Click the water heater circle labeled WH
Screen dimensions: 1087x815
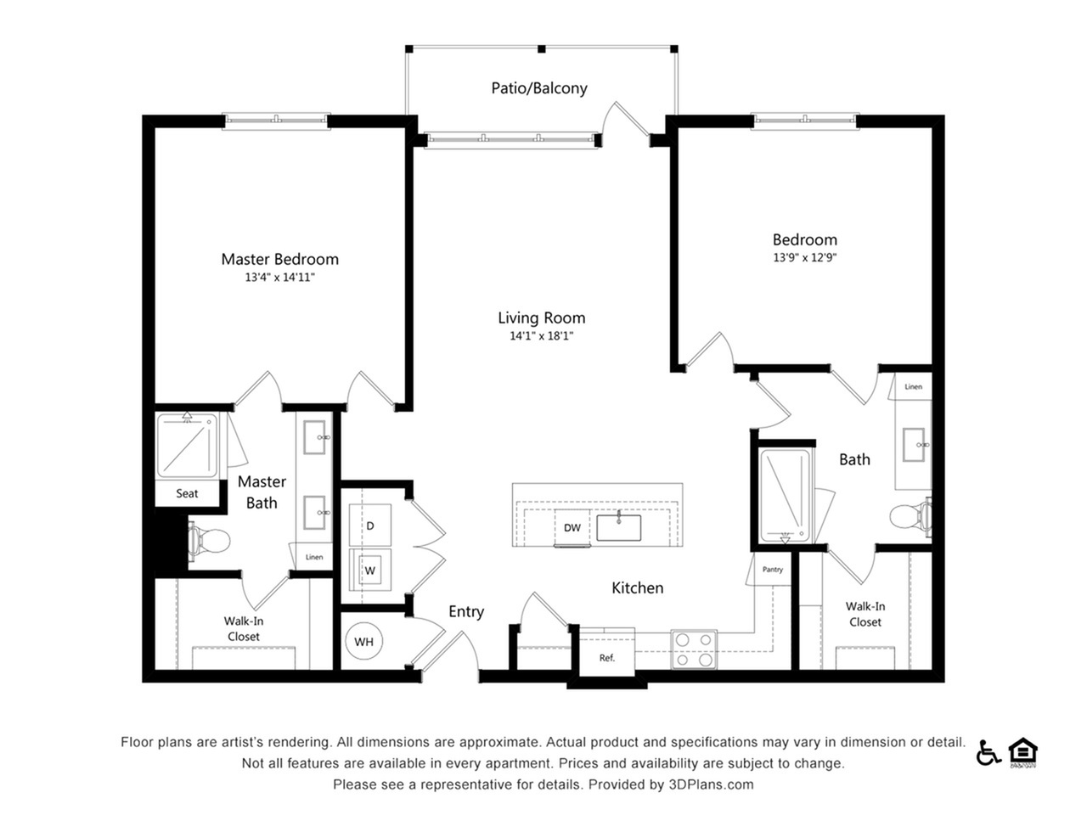[363, 641]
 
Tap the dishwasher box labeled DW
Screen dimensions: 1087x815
[572, 527]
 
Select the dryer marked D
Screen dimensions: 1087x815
[370, 525]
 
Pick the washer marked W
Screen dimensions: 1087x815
[370, 570]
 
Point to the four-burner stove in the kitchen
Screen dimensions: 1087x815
[694, 649]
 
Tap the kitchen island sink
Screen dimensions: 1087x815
[618, 527]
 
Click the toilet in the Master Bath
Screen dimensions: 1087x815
[210, 541]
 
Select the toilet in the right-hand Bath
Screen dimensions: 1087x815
[910, 517]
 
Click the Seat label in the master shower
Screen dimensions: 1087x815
[187, 493]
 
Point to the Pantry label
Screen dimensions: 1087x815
[773, 570]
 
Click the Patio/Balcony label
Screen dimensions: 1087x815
[539, 88]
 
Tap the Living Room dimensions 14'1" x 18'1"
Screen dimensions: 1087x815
[542, 336]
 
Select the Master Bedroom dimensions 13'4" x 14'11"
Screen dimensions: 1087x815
[279, 277]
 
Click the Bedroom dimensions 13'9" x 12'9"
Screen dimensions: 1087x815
[805, 257]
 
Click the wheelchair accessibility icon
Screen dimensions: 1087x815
[988, 754]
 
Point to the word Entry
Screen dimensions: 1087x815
[466, 612]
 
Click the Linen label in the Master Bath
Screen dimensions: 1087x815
[314, 557]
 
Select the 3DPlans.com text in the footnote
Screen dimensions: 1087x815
[711, 784]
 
